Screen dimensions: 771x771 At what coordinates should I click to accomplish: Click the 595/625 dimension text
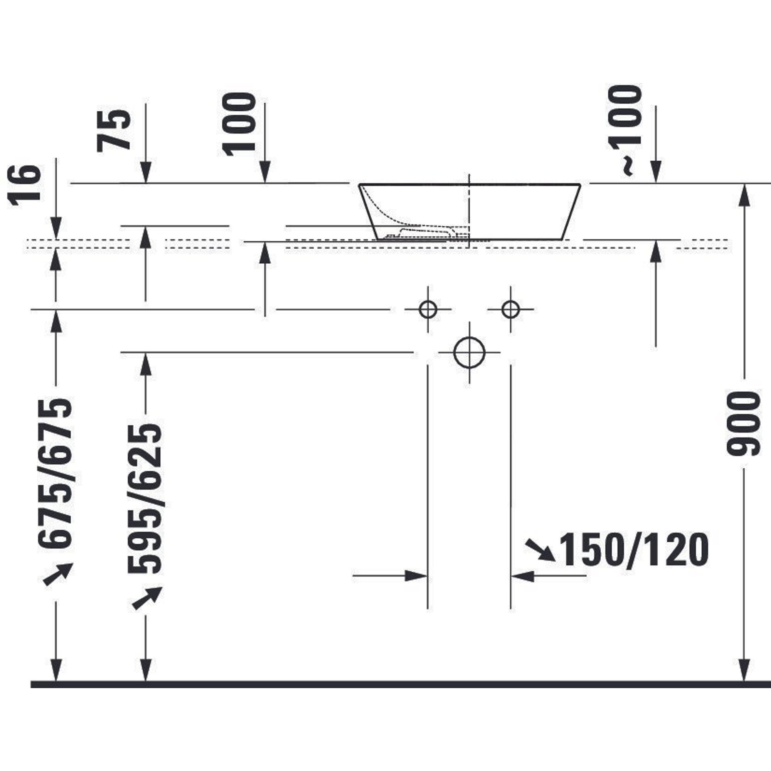(145, 498)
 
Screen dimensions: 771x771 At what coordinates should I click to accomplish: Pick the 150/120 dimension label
(634, 550)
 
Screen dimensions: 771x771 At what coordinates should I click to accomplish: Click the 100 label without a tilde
(239, 124)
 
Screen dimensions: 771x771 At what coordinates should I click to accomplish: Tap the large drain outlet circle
(469, 352)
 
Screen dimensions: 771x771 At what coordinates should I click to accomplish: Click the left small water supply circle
(428, 309)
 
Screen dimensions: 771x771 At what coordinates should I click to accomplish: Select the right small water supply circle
(511, 309)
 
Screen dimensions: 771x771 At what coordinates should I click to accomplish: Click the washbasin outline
(469, 212)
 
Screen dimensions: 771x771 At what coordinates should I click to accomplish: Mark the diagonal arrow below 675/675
(58, 574)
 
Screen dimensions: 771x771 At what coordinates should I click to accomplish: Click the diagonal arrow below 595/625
(147, 598)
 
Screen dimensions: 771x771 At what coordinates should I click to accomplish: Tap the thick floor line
(401, 685)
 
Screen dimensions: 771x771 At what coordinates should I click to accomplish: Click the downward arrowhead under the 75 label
(146, 172)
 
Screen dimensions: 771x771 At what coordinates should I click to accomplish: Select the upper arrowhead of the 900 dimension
(744, 195)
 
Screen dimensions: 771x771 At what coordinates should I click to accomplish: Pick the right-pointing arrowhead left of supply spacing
(416, 576)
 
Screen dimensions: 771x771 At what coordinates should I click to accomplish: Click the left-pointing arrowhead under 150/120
(522, 576)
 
